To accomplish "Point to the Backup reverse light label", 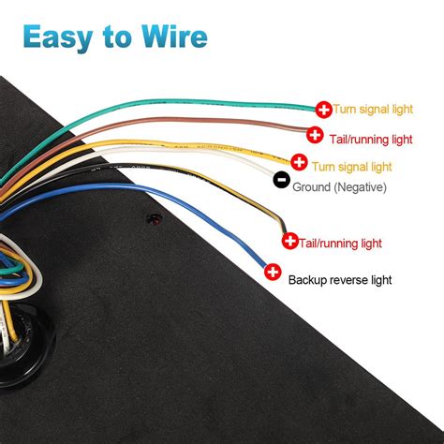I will [x=339, y=279].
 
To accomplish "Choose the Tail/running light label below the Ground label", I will [x=340, y=243].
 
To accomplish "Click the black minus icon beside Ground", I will [x=280, y=180].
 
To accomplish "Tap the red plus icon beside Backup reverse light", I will [x=273, y=273].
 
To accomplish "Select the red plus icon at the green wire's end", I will [x=323, y=110].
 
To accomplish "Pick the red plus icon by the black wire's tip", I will [x=289, y=242].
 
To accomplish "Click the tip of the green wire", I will [x=313, y=108].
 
